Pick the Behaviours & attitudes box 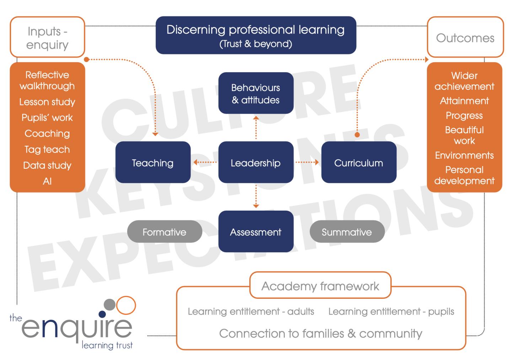(256, 93)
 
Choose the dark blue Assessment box (256, 232)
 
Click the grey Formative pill (165, 232)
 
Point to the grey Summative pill (347, 232)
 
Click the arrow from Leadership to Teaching (205, 163)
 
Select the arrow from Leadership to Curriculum (307, 163)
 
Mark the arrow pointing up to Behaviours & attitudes (256, 127)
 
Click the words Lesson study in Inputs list (47, 102)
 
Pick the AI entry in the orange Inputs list (47, 181)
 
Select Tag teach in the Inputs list (47, 149)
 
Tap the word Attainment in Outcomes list (464, 101)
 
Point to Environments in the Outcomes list (464, 155)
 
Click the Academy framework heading (320, 286)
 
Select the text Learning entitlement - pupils (391, 312)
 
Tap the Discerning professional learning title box (256, 35)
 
